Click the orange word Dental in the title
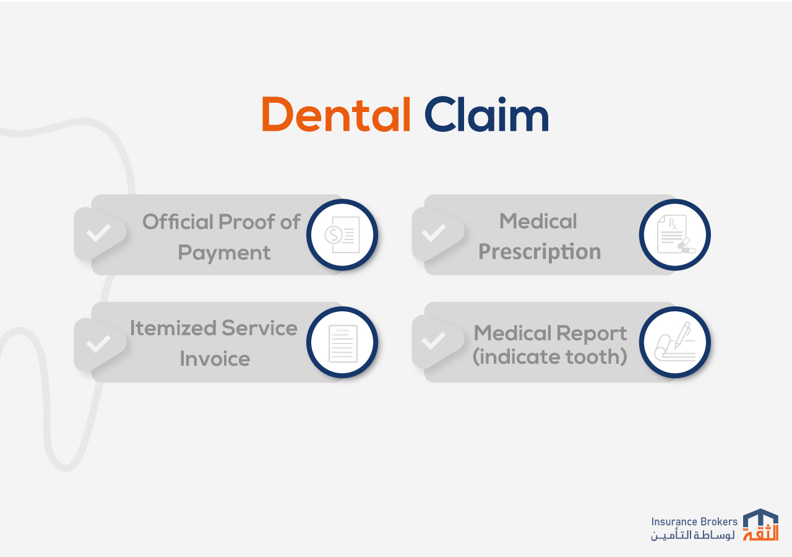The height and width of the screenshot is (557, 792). (x=336, y=114)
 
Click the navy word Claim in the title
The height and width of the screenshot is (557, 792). (x=486, y=114)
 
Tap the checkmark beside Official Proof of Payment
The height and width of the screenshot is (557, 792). (x=98, y=233)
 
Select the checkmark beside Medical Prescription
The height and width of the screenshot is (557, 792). (x=434, y=233)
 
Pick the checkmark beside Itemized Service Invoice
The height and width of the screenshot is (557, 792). (x=98, y=343)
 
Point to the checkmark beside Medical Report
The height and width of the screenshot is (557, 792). (x=434, y=340)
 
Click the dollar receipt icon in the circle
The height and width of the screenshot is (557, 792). (x=342, y=235)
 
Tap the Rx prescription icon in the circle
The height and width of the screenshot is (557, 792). (x=676, y=235)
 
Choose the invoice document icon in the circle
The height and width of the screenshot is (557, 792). (x=343, y=343)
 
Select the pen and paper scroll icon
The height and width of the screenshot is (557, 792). (x=674, y=342)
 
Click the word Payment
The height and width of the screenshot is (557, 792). (x=224, y=253)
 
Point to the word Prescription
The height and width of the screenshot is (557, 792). (x=540, y=252)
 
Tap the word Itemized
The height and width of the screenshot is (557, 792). (x=173, y=328)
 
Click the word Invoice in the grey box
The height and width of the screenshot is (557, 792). (x=215, y=358)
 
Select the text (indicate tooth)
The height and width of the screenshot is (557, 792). (x=550, y=356)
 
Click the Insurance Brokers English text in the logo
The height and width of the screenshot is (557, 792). (x=694, y=522)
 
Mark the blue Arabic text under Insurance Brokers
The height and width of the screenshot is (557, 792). (x=693, y=535)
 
